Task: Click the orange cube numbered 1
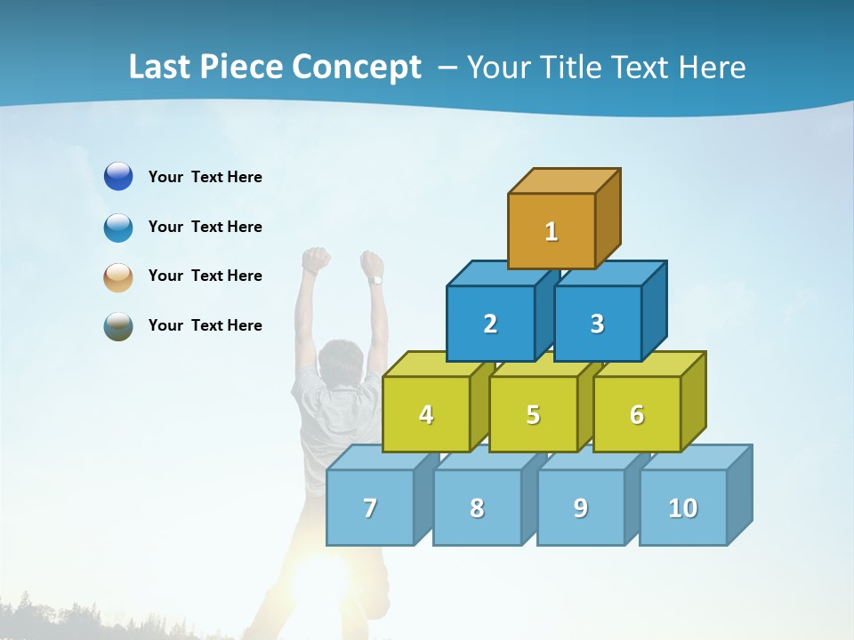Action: (x=552, y=231)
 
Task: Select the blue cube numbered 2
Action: (x=490, y=324)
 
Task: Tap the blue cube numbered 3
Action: (x=597, y=324)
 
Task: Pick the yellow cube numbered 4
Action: (x=426, y=414)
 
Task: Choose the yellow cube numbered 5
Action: (x=533, y=414)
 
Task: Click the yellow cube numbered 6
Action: (x=637, y=414)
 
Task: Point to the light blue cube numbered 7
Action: (x=370, y=508)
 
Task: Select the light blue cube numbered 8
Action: (x=477, y=508)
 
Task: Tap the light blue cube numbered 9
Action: (x=580, y=508)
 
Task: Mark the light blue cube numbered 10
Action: (x=682, y=508)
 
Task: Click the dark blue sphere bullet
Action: (x=118, y=177)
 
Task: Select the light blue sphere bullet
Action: (x=118, y=228)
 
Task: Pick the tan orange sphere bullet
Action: (x=118, y=277)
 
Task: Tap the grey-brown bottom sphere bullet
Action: (x=118, y=326)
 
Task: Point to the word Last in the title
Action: (x=162, y=68)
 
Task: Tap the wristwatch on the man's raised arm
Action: (x=376, y=280)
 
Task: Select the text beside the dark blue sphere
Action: (x=205, y=177)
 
